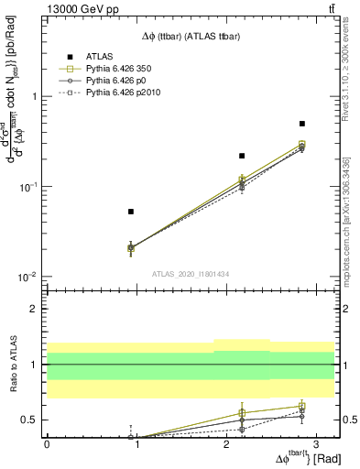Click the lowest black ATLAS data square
point(131,212)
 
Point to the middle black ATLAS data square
point(242,156)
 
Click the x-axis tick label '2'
point(226,442)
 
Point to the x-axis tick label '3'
point(315,442)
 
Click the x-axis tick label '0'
point(47,442)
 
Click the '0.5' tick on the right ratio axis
point(346,420)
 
